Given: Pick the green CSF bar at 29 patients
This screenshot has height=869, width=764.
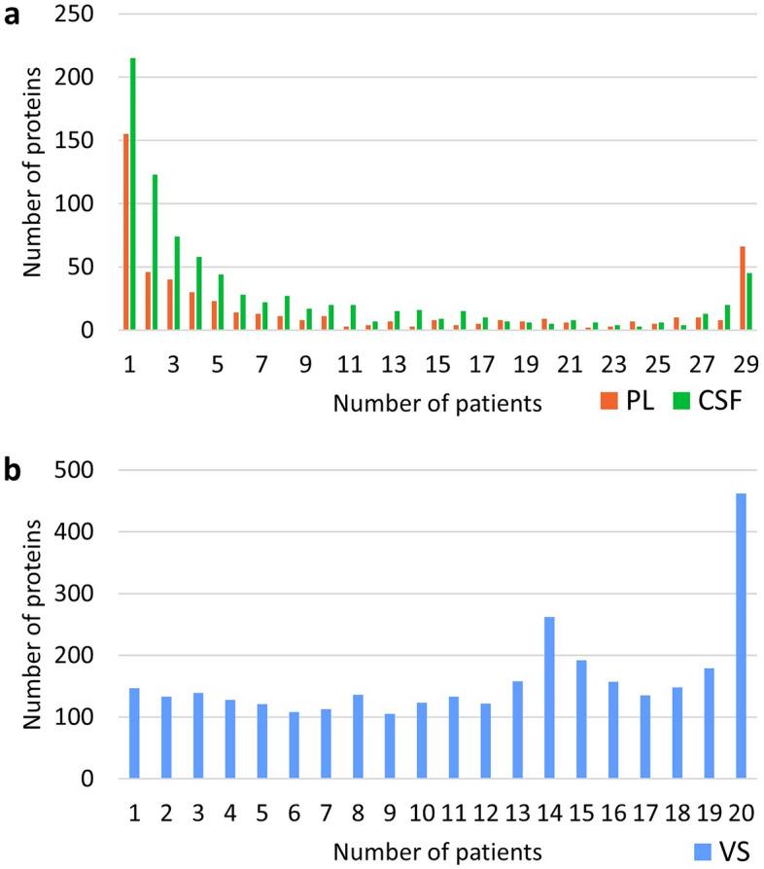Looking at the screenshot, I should [x=749, y=302].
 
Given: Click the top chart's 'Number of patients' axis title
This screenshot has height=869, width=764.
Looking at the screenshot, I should [x=437, y=404].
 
